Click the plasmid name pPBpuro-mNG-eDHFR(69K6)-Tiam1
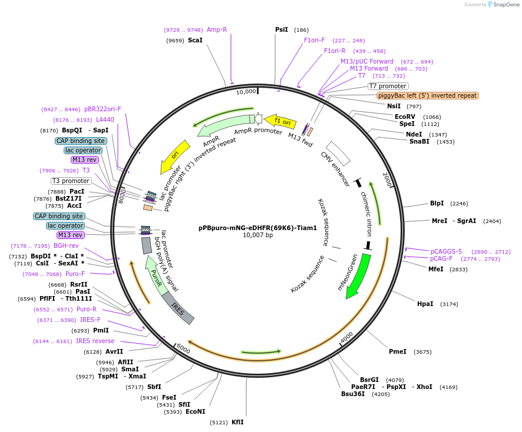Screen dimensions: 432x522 coord(257,228)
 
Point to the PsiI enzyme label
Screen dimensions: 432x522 coord(282,29)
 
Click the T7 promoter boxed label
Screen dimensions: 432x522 coord(388,86)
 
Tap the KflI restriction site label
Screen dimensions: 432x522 coord(237,422)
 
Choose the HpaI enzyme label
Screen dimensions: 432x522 coord(425,304)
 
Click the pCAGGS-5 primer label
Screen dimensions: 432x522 coord(446,251)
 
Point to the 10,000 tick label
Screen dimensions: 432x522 coord(246,91)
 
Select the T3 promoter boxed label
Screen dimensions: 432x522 coord(71,181)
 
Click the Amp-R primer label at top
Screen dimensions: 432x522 coord(216,29)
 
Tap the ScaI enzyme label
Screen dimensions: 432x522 coord(195,40)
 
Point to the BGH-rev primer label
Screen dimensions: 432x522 coord(66,245)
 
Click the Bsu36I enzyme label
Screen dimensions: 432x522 coord(353,394)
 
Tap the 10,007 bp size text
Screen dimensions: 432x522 coord(257,235)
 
